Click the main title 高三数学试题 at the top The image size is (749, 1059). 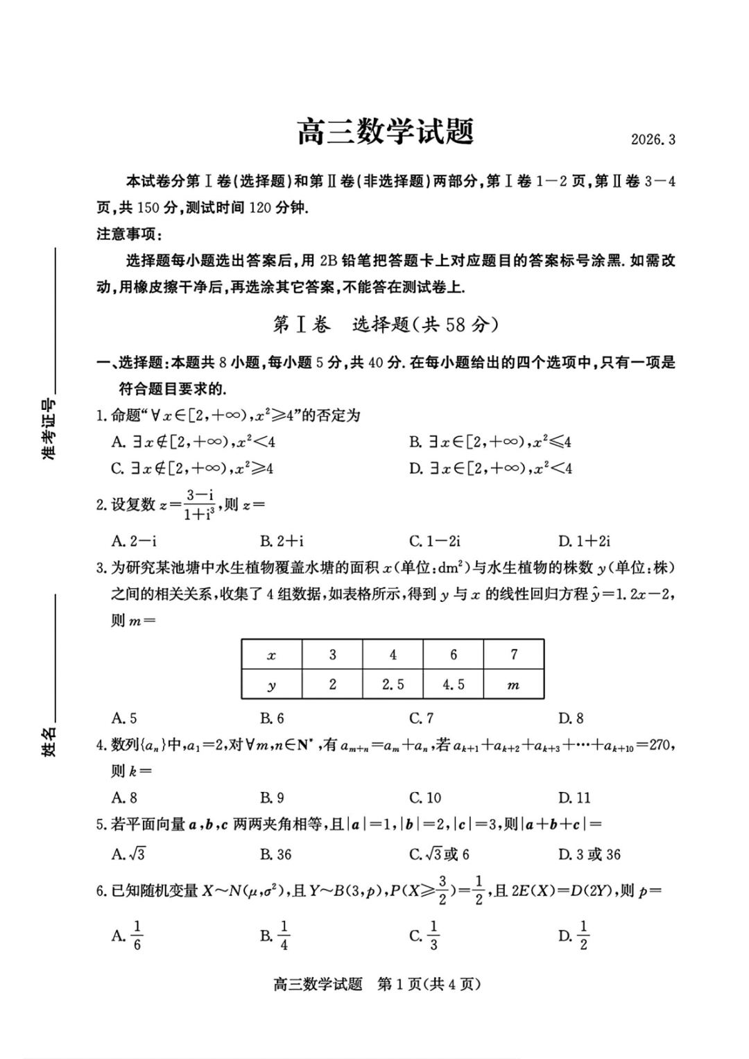(386, 132)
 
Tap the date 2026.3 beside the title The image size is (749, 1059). (653, 139)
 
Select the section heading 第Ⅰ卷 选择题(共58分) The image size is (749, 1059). (386, 325)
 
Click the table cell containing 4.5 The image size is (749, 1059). (453, 685)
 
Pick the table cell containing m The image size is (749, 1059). (513, 685)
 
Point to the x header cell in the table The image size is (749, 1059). (271, 655)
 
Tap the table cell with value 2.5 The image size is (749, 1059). (393, 685)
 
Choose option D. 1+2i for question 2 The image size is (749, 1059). (584, 541)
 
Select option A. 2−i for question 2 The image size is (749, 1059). (134, 541)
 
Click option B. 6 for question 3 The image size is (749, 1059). (273, 718)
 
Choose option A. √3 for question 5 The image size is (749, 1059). (129, 854)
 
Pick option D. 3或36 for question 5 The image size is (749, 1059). (589, 854)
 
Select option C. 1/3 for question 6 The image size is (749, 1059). (424, 936)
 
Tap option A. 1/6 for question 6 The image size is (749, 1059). (128, 936)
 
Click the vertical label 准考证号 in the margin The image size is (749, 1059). (49, 431)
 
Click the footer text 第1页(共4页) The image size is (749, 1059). (429, 984)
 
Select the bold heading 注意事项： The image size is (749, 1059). (129, 234)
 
